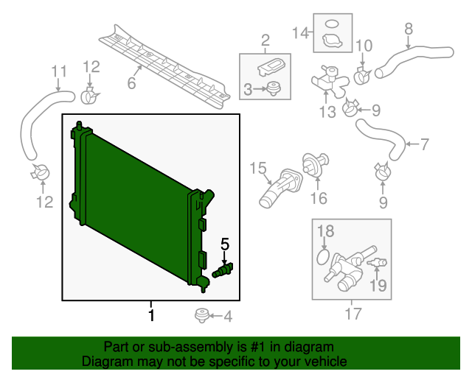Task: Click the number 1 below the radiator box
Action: [151, 316]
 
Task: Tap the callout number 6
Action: [131, 83]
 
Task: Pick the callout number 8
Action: [409, 29]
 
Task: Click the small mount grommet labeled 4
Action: [200, 317]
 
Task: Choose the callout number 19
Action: [377, 285]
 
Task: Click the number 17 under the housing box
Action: [353, 315]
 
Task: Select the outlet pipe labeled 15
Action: [280, 187]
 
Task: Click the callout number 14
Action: [299, 32]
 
